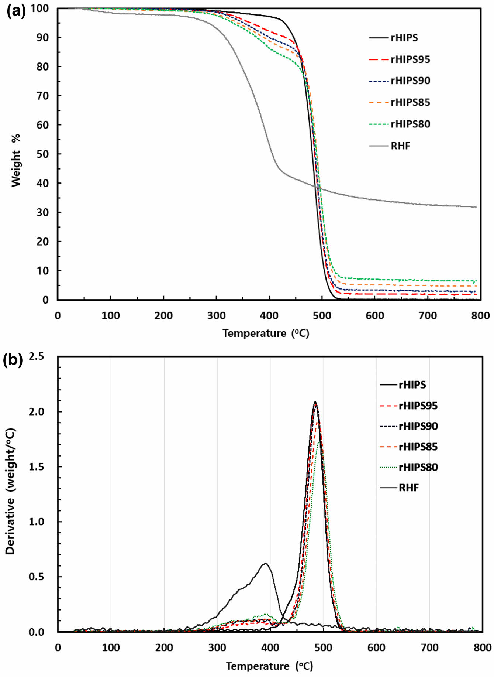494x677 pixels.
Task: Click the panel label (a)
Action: tap(16, 11)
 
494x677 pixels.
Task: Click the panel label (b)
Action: tap(13, 360)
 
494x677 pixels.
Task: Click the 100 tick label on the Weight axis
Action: tap(39, 8)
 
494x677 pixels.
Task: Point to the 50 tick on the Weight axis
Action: tap(42, 154)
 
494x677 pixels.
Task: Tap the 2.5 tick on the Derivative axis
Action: tap(36, 356)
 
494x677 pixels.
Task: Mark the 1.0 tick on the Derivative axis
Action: tap(36, 522)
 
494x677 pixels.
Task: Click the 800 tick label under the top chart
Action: tap(480, 316)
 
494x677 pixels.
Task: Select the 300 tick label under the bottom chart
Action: tap(217, 648)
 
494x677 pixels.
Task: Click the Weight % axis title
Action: tap(15, 160)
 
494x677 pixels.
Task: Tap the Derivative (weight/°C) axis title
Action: tap(10, 491)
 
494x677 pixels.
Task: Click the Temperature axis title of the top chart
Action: tap(266, 334)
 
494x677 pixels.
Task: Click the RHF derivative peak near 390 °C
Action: tap(265, 563)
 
